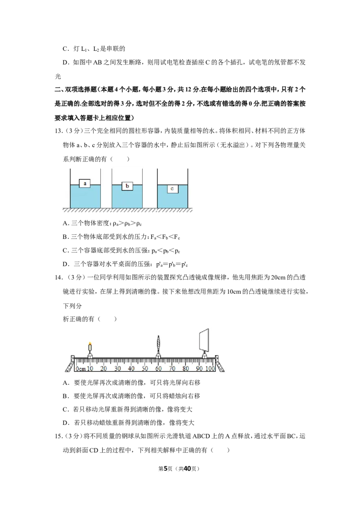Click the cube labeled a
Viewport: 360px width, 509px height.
click(85, 183)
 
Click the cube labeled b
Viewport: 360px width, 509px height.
click(127, 186)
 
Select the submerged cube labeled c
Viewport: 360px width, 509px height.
click(172, 188)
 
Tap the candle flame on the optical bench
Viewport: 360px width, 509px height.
click(90, 344)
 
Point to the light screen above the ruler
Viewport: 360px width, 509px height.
click(204, 339)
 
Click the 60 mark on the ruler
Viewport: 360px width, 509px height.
click(158, 368)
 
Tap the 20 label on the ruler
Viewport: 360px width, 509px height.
click(103, 368)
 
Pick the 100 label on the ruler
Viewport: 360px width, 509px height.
click(210, 368)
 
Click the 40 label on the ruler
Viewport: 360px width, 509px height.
click(131, 368)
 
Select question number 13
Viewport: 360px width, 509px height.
click(58, 131)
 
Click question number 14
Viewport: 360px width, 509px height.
click(58, 277)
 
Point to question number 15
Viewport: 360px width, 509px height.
click(58, 436)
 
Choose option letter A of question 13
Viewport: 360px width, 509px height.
click(66, 223)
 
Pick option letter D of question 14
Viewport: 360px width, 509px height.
click(66, 423)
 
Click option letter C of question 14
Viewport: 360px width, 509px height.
click(66, 409)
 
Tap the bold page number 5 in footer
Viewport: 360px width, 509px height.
click(166, 469)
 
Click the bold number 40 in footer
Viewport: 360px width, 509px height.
click(188, 469)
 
